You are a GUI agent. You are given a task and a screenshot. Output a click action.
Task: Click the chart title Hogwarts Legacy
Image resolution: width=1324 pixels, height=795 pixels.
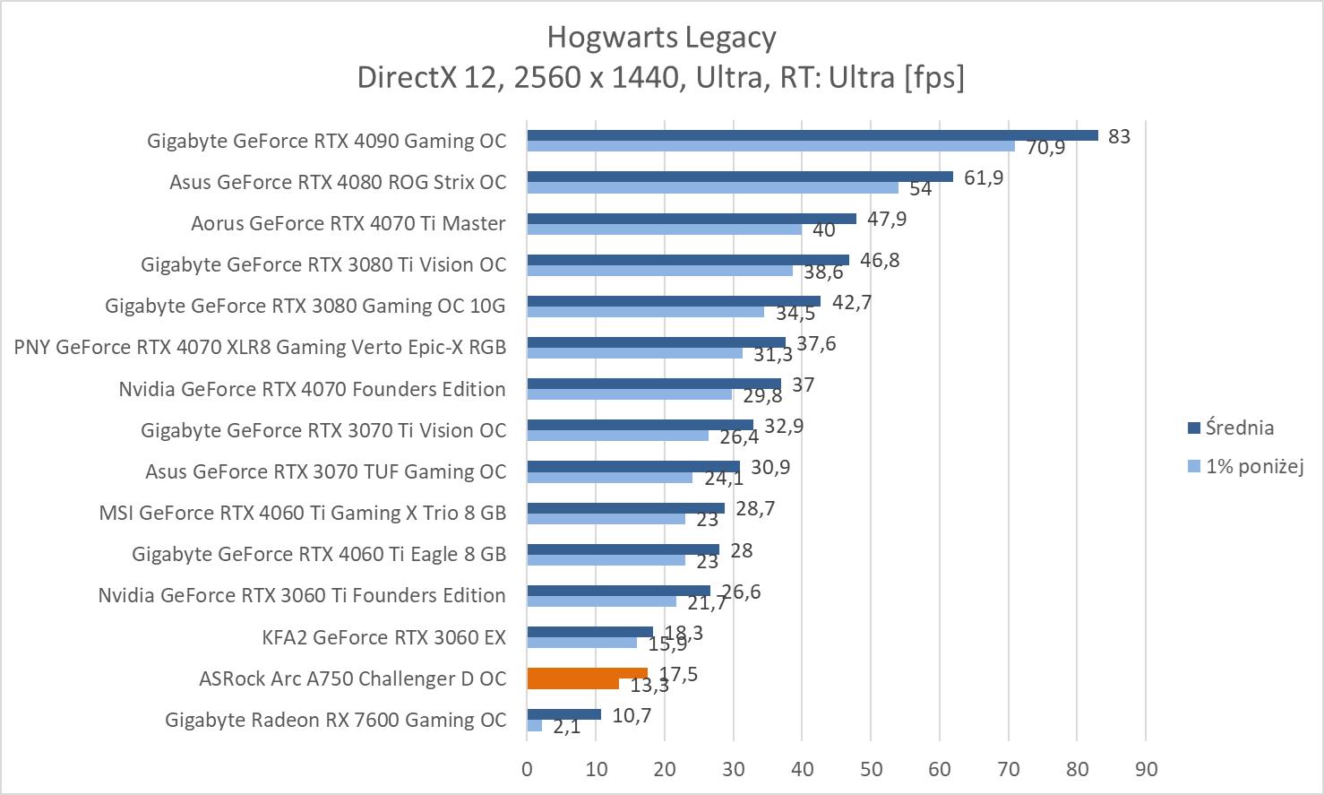pyautogui.click(x=661, y=38)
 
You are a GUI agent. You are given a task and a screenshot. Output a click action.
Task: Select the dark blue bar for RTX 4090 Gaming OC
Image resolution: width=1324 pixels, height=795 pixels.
pyautogui.click(x=812, y=135)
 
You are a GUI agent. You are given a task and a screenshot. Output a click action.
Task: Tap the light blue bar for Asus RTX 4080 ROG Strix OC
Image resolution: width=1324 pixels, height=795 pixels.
pyautogui.click(x=712, y=187)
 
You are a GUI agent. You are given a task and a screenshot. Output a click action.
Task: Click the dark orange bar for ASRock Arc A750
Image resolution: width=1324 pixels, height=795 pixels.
pyautogui.click(x=587, y=673)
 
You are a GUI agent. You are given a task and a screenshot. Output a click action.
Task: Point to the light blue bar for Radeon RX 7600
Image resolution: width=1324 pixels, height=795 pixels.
pyautogui.click(x=534, y=725)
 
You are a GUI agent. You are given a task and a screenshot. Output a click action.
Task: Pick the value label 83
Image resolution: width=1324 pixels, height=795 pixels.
pyautogui.click(x=1119, y=136)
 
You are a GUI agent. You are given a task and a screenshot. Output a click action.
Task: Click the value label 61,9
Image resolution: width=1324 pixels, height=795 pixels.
pyautogui.click(x=984, y=177)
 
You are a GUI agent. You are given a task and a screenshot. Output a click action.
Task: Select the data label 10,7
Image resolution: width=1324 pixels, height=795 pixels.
pyautogui.click(x=632, y=715)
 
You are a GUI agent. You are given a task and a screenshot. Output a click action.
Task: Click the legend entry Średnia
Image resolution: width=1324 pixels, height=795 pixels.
pyautogui.click(x=1239, y=428)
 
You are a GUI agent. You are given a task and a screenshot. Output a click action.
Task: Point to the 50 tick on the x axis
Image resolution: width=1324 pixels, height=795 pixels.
pyautogui.click(x=871, y=769)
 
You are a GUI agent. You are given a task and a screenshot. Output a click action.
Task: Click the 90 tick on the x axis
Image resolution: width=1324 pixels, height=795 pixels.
pyautogui.click(x=1146, y=769)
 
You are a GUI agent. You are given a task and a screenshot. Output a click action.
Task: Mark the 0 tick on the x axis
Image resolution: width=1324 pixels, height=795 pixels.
pyautogui.click(x=527, y=769)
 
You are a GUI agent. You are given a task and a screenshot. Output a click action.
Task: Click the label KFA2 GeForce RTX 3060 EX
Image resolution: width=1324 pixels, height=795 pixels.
pyautogui.click(x=383, y=637)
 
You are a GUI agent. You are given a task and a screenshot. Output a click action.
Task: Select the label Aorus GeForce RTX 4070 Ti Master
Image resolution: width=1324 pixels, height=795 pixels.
pyautogui.click(x=348, y=223)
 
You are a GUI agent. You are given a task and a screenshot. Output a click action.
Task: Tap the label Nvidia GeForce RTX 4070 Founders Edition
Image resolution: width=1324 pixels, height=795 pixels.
pyautogui.click(x=312, y=389)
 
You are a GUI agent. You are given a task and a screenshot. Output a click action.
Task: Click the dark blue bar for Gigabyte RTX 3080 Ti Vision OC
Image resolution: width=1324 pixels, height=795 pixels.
pyautogui.click(x=687, y=260)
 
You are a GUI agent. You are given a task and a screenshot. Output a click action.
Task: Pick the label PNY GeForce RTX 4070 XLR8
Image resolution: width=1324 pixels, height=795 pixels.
pyautogui.click(x=260, y=347)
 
